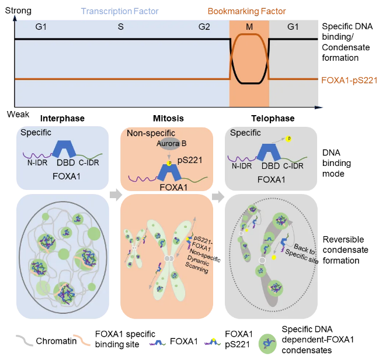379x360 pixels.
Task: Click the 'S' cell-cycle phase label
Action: click(x=121, y=27)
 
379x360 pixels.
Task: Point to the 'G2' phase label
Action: click(x=204, y=27)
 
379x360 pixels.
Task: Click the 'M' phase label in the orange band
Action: click(x=250, y=27)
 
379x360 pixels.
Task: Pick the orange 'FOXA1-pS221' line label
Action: click(x=348, y=79)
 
